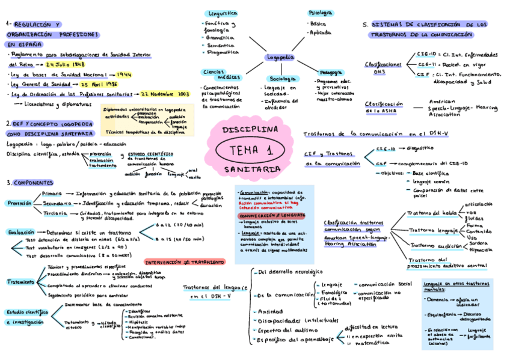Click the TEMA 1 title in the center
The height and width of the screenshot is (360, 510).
[x=251, y=150]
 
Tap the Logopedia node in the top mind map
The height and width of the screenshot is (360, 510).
[x=280, y=57]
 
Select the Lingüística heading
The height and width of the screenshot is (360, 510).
[x=222, y=13]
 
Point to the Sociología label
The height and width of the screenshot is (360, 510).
[x=283, y=79]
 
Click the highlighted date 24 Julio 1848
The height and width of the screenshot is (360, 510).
[x=67, y=64]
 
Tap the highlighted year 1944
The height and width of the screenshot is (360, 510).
[x=124, y=75]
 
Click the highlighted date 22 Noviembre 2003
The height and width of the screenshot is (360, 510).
[x=166, y=94]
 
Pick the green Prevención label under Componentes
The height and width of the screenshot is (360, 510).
[x=19, y=204]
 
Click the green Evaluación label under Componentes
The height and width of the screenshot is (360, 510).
[x=21, y=232]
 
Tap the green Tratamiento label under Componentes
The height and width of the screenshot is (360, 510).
[x=20, y=281]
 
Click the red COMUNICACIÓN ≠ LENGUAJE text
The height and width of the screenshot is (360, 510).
[x=272, y=215]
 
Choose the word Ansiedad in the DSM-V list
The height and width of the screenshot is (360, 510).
[x=270, y=311]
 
